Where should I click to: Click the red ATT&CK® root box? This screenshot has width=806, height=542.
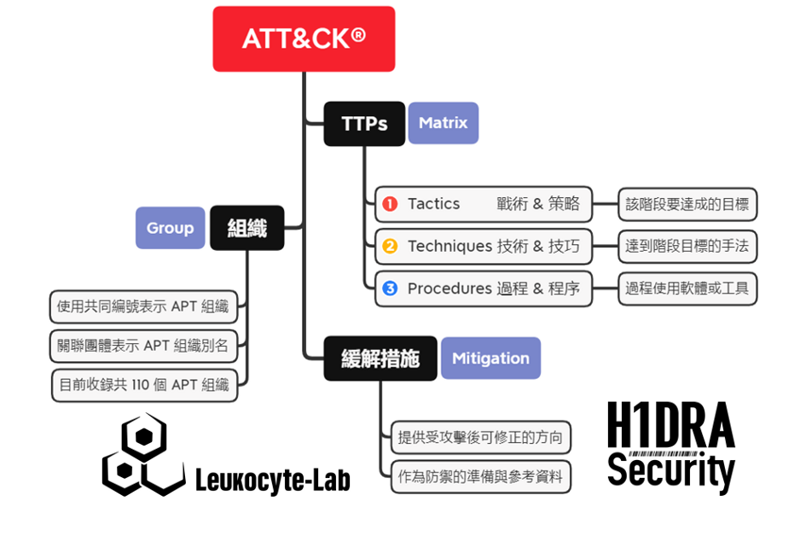point(304,38)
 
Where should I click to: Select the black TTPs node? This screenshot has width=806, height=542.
point(364,124)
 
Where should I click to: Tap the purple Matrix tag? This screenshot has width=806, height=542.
point(443,123)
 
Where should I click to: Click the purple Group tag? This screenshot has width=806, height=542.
point(170,228)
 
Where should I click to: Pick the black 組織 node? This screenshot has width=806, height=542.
point(246,228)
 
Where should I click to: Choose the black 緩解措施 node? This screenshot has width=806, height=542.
point(380,358)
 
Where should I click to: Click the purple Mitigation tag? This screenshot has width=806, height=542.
point(490,358)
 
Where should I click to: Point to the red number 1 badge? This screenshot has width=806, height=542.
point(390,204)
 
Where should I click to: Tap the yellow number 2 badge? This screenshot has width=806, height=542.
point(390,247)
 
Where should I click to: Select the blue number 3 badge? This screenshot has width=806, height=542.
point(390,288)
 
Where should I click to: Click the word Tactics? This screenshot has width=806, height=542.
point(433,204)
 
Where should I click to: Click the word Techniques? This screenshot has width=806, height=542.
point(449,247)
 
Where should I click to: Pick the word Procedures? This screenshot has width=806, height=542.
point(449,288)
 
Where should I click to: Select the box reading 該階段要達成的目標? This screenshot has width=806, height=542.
point(687,204)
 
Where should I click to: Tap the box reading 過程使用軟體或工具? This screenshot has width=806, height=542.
point(687,288)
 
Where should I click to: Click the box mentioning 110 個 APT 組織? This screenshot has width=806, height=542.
point(144,385)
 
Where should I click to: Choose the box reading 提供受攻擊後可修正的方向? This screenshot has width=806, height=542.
point(480,438)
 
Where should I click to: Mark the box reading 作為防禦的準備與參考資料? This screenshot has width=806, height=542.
point(480,477)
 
